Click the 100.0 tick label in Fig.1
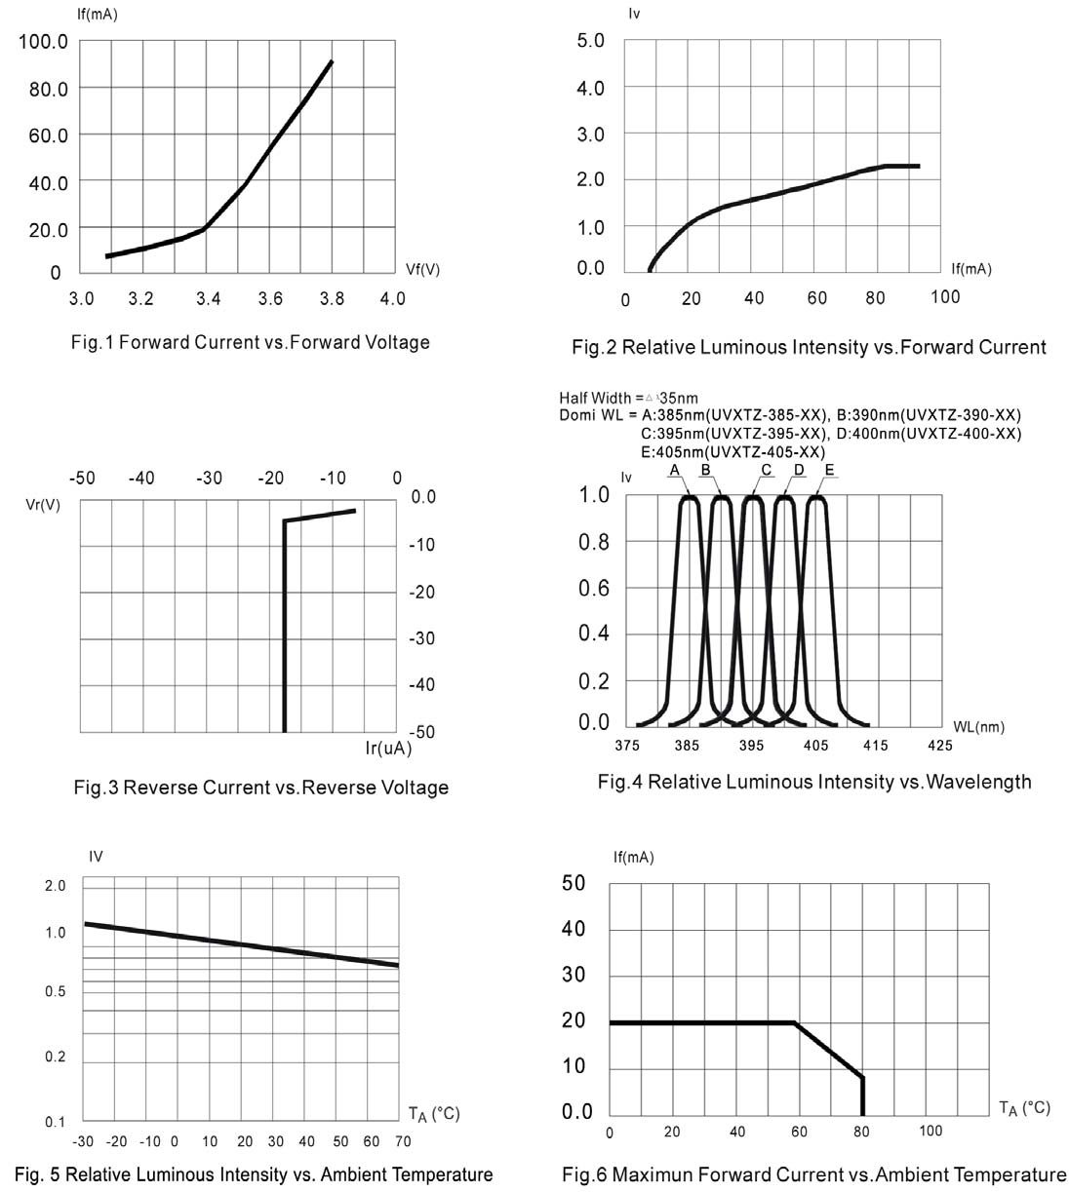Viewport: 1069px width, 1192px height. (44, 42)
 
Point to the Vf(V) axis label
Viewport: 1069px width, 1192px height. (422, 270)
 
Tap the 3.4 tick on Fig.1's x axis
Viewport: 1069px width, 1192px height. (208, 298)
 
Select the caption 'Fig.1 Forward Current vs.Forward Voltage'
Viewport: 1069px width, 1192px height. (251, 342)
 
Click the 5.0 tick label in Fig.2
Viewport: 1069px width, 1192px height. (591, 41)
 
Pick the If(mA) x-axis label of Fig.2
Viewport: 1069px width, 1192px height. (971, 269)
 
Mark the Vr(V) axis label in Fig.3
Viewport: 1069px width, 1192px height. (43, 505)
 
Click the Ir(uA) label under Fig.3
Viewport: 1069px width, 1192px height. (388, 749)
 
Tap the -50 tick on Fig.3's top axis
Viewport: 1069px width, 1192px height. (82, 478)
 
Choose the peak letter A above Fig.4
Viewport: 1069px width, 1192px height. (674, 471)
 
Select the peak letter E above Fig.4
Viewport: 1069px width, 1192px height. (829, 471)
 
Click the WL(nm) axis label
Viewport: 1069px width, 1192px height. (978, 726)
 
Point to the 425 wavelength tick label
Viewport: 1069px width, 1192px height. (939, 746)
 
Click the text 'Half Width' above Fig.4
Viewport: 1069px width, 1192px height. (594, 398)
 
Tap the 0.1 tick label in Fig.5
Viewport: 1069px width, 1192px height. (56, 1122)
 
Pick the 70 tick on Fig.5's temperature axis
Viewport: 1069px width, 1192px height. (403, 1141)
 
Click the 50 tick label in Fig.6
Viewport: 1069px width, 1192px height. (574, 883)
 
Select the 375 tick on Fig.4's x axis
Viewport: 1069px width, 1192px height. (626, 746)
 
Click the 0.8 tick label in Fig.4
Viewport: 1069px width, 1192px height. (594, 542)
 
